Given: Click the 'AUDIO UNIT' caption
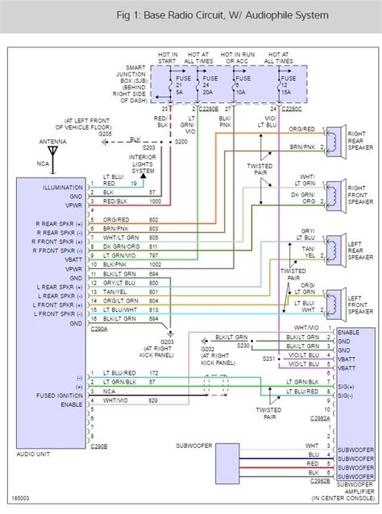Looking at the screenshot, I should point(34,454).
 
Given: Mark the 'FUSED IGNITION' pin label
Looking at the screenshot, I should point(60,396).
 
